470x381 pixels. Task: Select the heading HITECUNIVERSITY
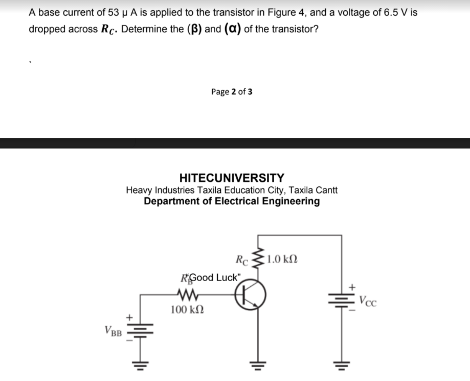[232, 178]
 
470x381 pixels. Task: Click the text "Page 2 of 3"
[231, 92]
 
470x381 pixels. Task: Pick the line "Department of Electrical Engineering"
[232, 201]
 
